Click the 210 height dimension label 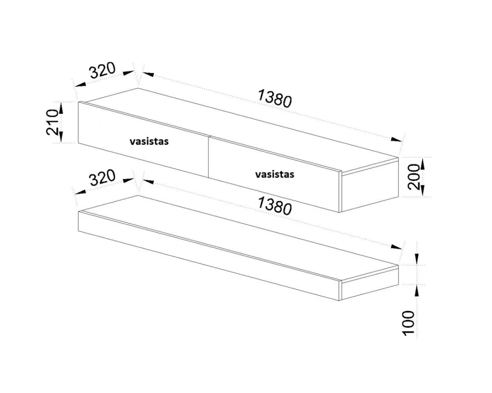(x=52, y=122)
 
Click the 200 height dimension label (x=414, y=176)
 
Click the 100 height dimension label (x=409, y=323)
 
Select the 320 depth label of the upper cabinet (x=102, y=71)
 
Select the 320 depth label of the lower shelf (x=102, y=177)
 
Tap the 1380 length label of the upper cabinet (x=275, y=98)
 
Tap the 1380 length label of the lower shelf (x=275, y=206)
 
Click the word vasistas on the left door (x=149, y=141)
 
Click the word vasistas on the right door (x=275, y=174)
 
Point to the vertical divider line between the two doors (x=209, y=157)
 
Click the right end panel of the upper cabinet (x=370, y=185)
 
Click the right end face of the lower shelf (x=370, y=282)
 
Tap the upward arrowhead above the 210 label (x=61, y=108)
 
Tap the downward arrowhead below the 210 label (x=61, y=137)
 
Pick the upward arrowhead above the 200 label (x=422, y=163)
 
